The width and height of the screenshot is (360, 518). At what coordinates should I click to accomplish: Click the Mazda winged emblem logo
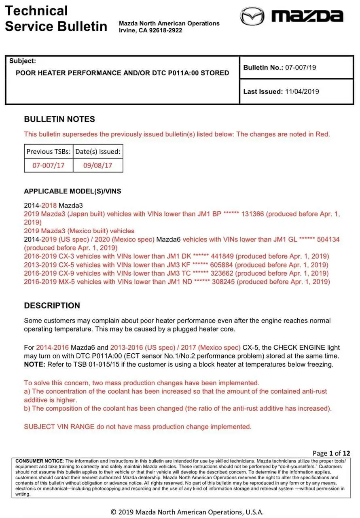[x=252, y=16]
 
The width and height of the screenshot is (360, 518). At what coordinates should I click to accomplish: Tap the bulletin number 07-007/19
[x=301, y=68]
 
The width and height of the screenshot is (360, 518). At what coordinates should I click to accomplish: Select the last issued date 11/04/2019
[x=302, y=91]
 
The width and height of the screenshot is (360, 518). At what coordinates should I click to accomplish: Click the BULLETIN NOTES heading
[x=59, y=119]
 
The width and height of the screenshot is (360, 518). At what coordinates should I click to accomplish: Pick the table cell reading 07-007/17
[x=49, y=165]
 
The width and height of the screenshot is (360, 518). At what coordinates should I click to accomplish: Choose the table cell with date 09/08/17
[x=98, y=165]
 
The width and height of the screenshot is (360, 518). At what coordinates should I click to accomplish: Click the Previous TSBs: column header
[x=49, y=152]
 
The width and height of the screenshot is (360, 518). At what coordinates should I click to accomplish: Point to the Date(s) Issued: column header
[x=98, y=152]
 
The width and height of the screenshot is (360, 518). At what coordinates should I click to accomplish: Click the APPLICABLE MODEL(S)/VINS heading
[x=72, y=191]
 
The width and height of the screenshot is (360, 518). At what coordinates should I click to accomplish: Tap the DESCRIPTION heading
[x=52, y=306]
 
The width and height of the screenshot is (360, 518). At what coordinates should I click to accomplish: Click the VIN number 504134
[x=328, y=239]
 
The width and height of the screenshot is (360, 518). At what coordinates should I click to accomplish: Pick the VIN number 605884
[x=223, y=265]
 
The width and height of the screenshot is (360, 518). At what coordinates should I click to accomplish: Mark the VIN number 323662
[x=222, y=273]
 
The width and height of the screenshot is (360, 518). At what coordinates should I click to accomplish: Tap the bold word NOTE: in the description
[x=35, y=365]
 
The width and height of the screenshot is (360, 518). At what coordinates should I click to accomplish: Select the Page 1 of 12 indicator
[x=331, y=453]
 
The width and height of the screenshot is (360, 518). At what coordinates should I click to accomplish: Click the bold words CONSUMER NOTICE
[x=39, y=461]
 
